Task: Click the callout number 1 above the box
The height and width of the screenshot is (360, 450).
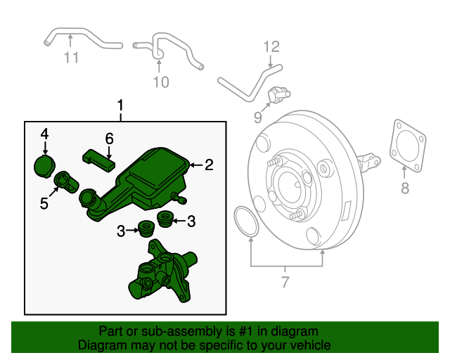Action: (x=120, y=106)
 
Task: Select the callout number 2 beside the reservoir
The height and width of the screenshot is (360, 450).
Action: (x=209, y=165)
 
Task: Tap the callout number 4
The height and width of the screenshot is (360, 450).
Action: (x=44, y=134)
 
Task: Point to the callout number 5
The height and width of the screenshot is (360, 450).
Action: (x=44, y=204)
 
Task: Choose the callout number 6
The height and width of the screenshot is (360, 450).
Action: (x=109, y=139)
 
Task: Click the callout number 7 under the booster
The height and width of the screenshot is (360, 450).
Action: (x=285, y=284)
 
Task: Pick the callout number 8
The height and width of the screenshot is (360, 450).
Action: (x=404, y=188)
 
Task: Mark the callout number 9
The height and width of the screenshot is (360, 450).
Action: (x=258, y=116)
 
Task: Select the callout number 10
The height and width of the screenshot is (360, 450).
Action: (x=161, y=82)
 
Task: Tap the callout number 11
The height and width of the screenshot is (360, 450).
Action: (x=71, y=58)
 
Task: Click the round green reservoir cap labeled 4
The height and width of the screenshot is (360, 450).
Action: (x=45, y=165)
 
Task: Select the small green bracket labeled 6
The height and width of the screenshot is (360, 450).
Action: (x=98, y=158)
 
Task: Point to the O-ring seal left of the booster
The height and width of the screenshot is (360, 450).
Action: (x=243, y=221)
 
